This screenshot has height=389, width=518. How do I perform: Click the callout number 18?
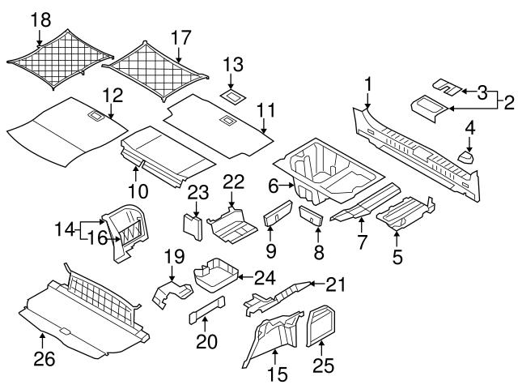pos(39,19)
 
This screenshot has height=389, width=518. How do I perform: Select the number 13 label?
pos(233,64)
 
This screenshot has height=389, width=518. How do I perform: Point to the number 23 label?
pos(196,191)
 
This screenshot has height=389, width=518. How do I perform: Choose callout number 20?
pos(206,342)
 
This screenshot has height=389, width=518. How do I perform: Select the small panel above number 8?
pos(311,216)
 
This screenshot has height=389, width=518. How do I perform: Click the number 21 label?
pos(336,283)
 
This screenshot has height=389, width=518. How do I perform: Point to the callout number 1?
pos(368,83)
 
